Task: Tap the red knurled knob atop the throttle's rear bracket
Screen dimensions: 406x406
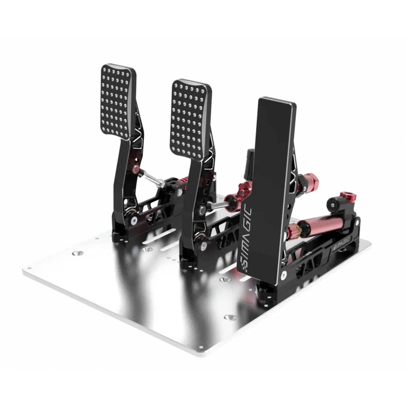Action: click(345, 195)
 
